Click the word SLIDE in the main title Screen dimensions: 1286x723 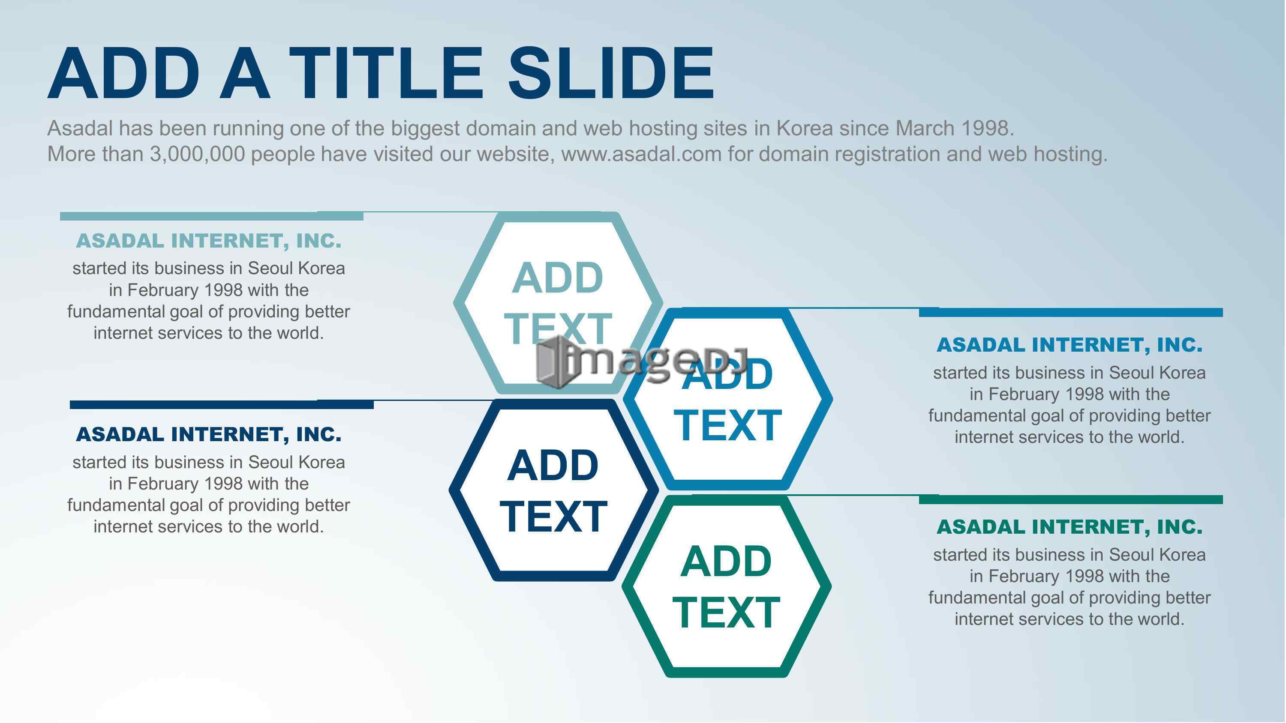pos(611,73)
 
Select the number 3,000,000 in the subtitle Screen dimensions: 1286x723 pos(198,154)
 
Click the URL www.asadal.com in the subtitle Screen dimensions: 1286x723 pos(642,154)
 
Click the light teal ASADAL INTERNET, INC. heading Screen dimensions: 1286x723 pos(209,241)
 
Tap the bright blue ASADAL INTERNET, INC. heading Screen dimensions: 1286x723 pos(1070,345)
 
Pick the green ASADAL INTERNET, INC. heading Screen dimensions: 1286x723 pos(1070,527)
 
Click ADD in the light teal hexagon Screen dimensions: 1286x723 pos(558,278)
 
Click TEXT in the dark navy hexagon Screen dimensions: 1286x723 pos(553,517)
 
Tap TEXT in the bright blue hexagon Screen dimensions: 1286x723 pos(727,426)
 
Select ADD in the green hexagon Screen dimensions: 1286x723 pos(726,562)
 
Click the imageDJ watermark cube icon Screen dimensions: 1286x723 pos(555,363)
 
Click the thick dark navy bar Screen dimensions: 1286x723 pos(222,405)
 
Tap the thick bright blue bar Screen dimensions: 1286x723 pos(1071,313)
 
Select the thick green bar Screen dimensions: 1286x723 pos(1071,500)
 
